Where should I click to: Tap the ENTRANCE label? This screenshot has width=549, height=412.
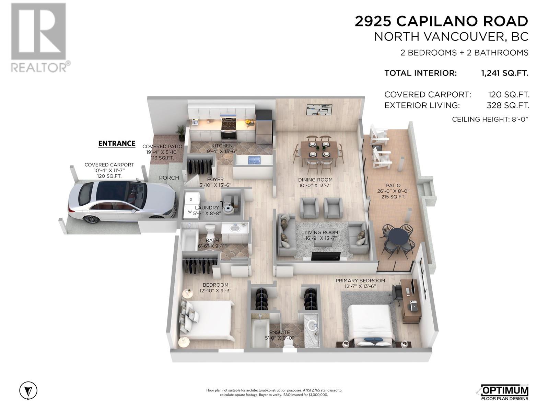pyautogui.click(x=117, y=143)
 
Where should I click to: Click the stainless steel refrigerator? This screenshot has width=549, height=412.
pyautogui.click(x=264, y=128)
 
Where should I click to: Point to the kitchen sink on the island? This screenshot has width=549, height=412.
pyautogui.click(x=254, y=160)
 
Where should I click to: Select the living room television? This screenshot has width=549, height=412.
pyautogui.click(x=326, y=256)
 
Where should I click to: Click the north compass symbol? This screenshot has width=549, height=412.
pyautogui.click(x=28, y=390)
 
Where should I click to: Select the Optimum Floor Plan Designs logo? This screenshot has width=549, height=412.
pyautogui.click(x=505, y=392)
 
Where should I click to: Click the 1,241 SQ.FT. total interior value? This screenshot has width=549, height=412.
pyautogui.click(x=505, y=73)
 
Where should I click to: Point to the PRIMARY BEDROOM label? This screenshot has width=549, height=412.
pyautogui.click(x=360, y=281)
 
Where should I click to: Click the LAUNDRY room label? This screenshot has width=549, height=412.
pyautogui.click(x=207, y=208)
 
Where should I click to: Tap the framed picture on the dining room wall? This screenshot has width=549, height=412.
pyautogui.click(x=319, y=110)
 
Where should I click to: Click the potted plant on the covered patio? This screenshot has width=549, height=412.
pyautogui.click(x=180, y=132)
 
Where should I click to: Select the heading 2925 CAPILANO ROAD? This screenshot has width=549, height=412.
pyautogui.click(x=442, y=21)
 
